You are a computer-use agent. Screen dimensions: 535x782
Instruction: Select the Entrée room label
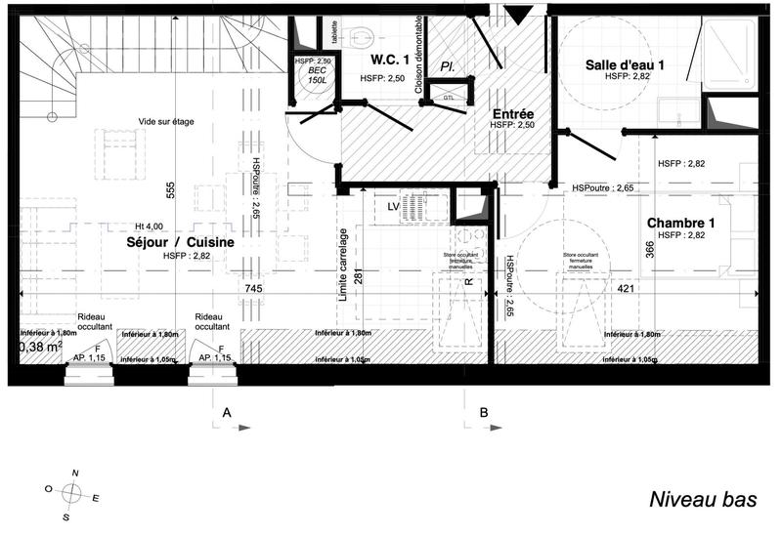coord(512,112)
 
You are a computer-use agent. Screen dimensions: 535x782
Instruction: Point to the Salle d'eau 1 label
coord(626,64)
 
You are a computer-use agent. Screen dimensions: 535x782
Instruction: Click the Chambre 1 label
coord(681,223)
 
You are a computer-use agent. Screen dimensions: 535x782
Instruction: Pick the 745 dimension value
coord(254,289)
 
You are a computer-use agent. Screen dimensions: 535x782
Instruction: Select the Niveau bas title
coord(704,500)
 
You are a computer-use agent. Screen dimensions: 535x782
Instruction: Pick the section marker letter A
coord(227,414)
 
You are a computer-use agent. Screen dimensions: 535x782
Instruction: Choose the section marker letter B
coord(484,414)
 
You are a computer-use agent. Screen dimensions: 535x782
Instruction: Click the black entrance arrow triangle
coord(518,13)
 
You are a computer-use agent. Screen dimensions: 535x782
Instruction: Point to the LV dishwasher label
coord(393,206)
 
